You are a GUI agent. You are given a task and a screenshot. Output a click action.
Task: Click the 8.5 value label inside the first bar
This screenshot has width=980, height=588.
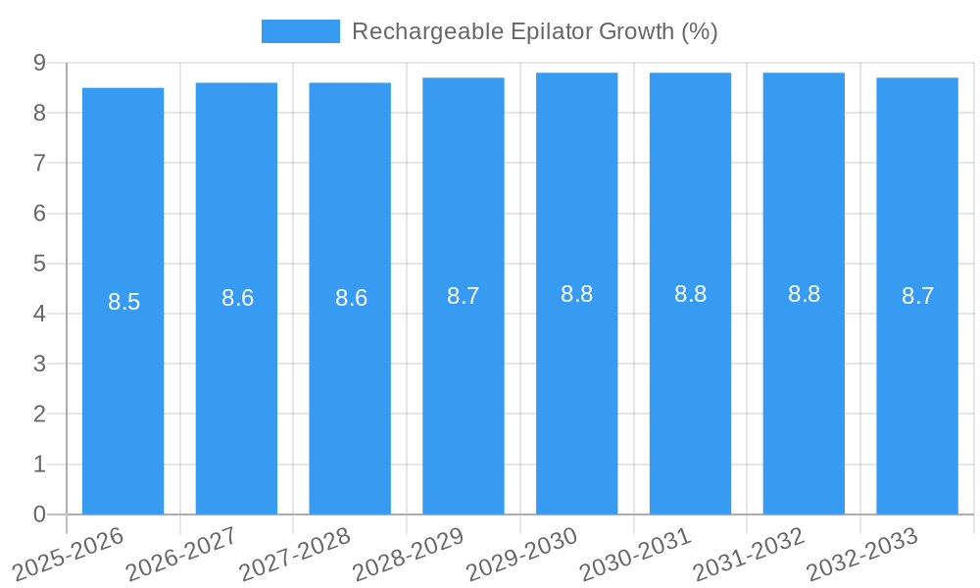[124, 302]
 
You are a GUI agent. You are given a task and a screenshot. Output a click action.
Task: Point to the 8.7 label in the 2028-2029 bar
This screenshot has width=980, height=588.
[464, 296]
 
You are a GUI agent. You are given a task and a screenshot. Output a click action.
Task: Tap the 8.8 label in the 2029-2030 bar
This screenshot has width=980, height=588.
[577, 294]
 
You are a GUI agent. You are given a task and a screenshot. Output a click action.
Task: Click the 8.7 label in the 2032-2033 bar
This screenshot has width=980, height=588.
[918, 296]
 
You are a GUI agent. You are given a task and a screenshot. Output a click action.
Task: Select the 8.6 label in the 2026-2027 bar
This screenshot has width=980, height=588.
[238, 298]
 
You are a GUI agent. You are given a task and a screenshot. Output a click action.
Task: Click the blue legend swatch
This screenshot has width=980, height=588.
[300, 31]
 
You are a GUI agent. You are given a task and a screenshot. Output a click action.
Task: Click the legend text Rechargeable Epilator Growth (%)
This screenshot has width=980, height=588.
[534, 31]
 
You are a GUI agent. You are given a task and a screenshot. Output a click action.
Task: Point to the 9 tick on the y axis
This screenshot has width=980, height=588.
[39, 63]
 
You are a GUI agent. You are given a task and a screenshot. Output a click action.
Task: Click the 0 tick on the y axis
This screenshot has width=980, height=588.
[39, 514]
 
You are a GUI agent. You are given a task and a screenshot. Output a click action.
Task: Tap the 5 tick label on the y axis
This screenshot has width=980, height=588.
[39, 264]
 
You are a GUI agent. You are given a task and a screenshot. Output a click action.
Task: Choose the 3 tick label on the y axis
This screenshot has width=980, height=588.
[39, 364]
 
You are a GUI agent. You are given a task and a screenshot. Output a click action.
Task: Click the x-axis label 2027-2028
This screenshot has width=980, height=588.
[294, 554]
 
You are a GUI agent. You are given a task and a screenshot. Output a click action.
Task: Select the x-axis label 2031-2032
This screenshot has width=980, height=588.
[749, 554]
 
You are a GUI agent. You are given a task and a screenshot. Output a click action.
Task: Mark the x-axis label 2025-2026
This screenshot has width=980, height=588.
[67, 554]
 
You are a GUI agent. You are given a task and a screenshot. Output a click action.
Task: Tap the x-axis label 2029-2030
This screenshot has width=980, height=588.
[521, 554]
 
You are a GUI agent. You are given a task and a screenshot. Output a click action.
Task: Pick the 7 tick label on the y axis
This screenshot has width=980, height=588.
[39, 163]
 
